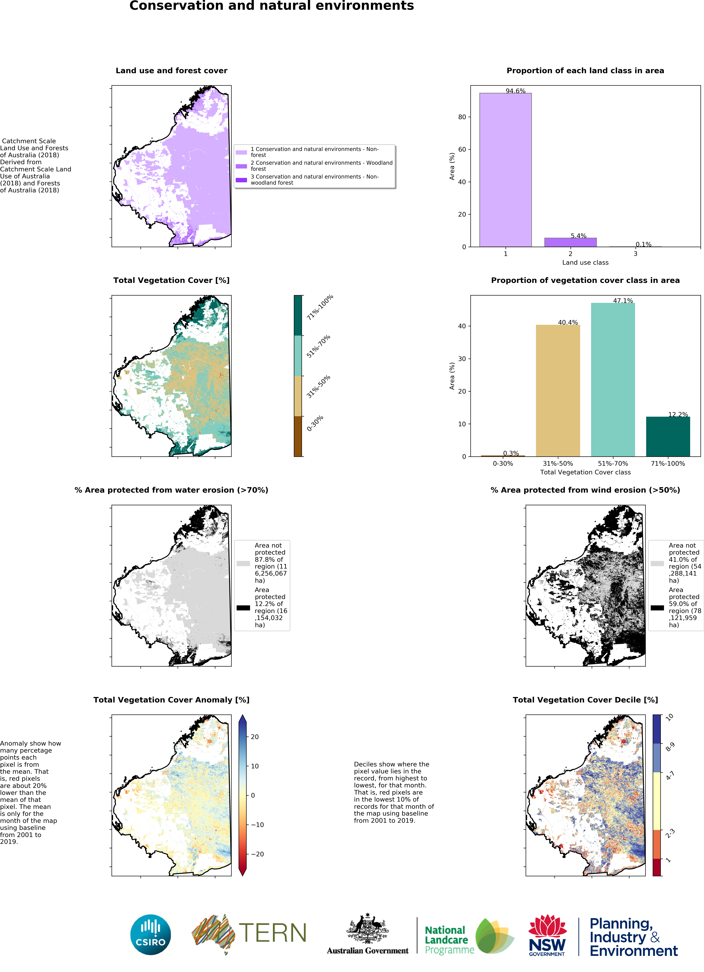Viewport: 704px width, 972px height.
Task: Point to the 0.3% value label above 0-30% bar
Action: pos(511,453)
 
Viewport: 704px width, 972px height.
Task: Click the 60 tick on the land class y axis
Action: pos(462,150)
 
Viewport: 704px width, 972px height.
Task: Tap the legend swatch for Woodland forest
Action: pos(241,166)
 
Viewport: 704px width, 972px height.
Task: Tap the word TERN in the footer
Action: pos(273,933)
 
